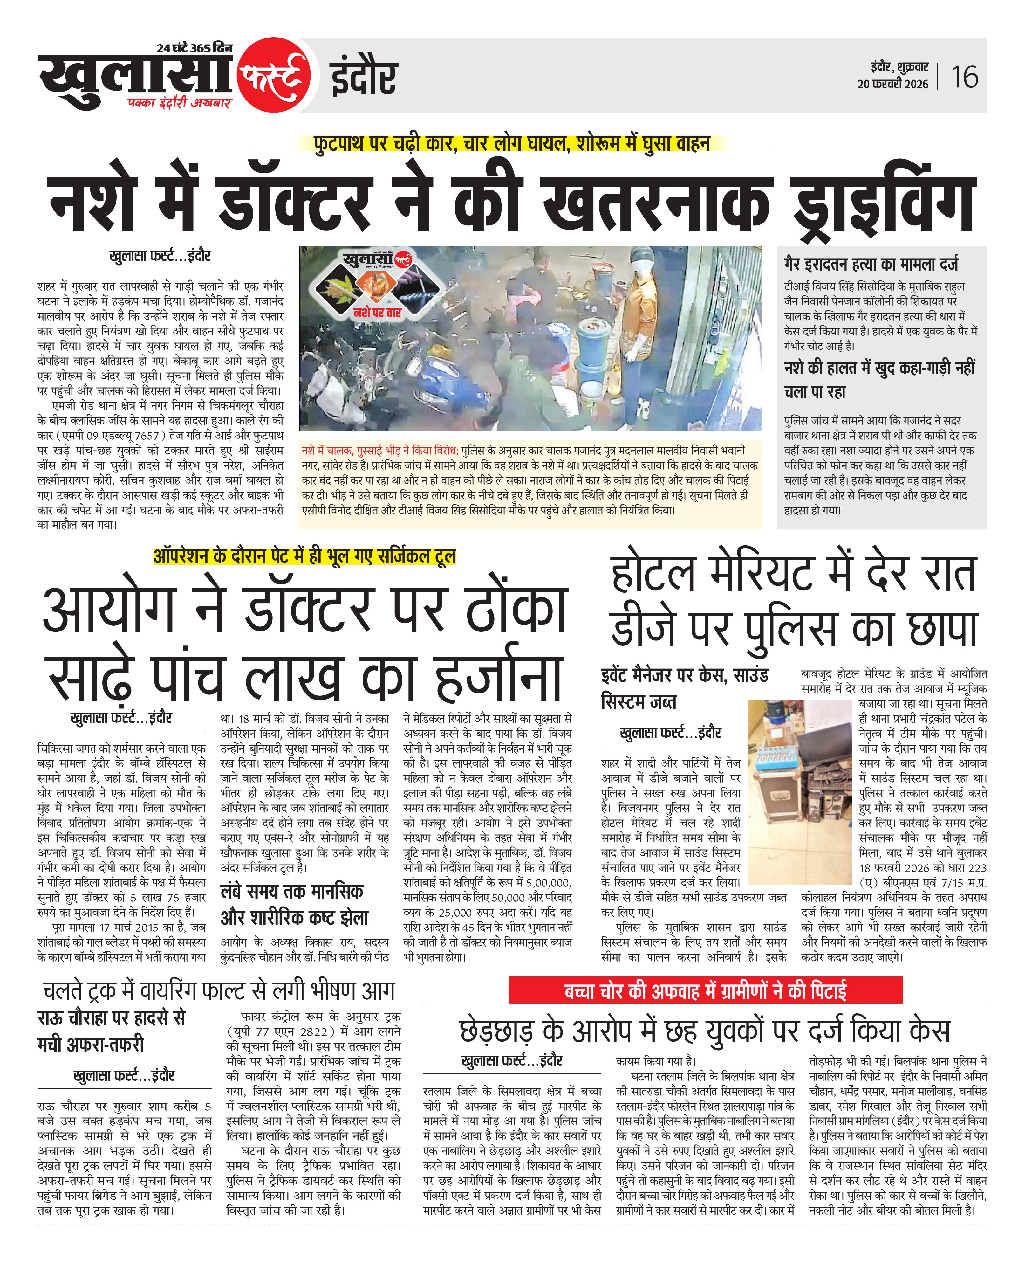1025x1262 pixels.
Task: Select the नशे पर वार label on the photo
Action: click(377, 312)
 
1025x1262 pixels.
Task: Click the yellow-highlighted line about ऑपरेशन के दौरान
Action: click(305, 556)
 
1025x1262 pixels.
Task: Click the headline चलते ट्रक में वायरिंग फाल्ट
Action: click(218, 990)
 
